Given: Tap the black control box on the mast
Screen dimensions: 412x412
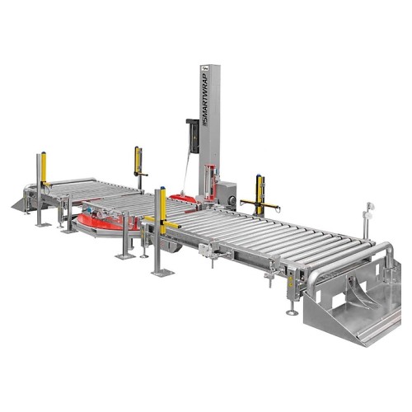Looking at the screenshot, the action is (x=193, y=135).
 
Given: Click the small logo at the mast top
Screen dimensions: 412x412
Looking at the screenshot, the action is (x=204, y=68).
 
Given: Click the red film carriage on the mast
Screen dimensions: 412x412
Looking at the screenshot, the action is (x=211, y=183).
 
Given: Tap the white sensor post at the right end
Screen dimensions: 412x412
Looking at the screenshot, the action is (x=368, y=221).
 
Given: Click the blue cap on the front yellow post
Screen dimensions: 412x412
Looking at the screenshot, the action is (x=163, y=188).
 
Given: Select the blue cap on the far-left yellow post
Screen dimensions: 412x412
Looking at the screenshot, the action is (x=44, y=152).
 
